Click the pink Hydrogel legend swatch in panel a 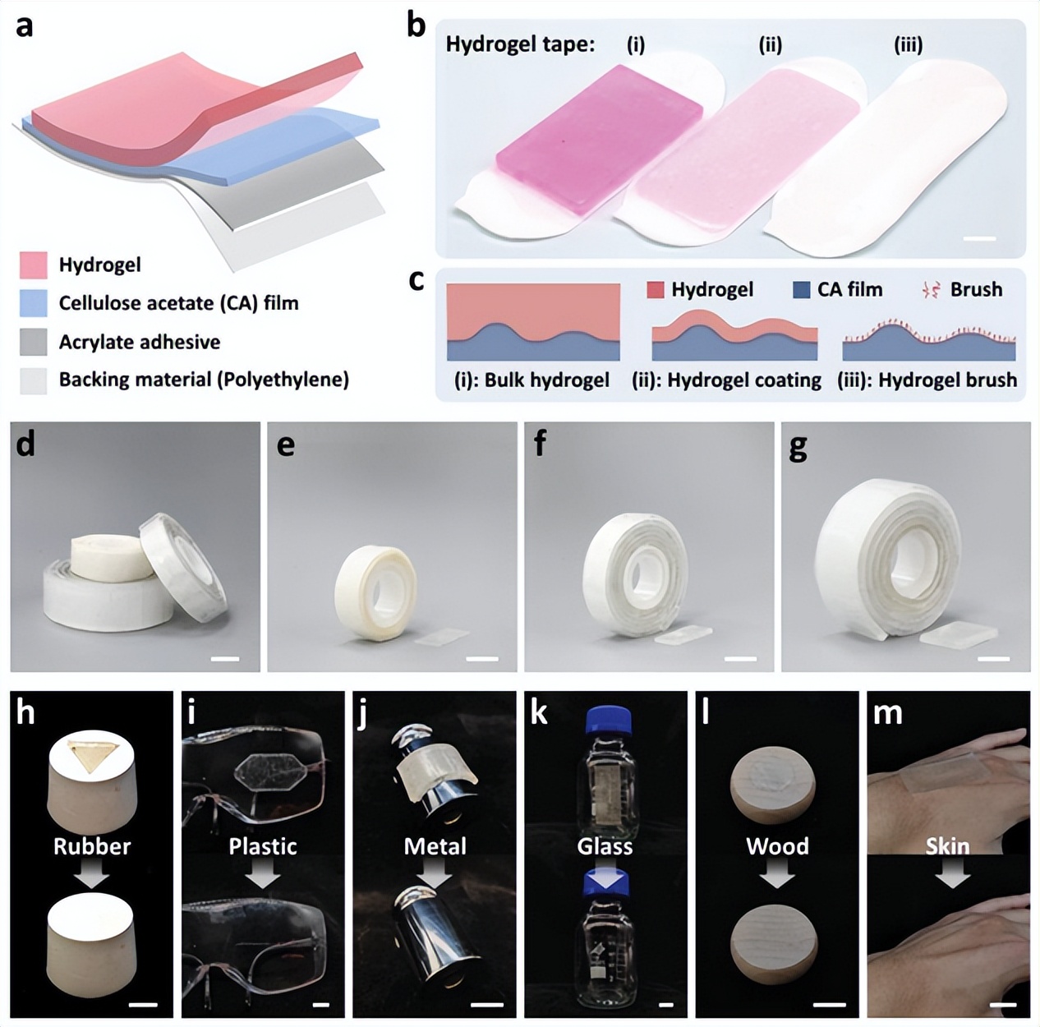34,265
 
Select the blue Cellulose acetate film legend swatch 34,303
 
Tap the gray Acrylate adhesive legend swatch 34,342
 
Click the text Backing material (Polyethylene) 204,380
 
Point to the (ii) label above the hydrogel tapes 771,45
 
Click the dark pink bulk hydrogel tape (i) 599,140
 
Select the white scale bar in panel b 978,238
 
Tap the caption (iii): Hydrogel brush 927,380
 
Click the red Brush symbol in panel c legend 934,291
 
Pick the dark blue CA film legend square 802,290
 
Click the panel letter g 798,447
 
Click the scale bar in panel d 225,659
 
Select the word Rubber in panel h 92,846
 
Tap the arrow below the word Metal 435,875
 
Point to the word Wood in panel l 777,846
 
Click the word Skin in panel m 948,846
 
